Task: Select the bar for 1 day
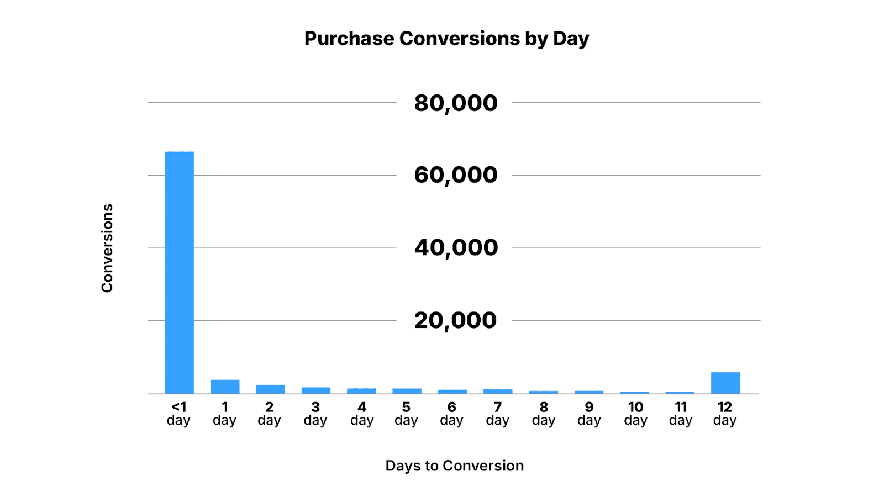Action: [225, 387]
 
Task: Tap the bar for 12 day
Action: [725, 383]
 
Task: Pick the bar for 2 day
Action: [270, 389]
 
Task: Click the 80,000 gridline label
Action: [456, 103]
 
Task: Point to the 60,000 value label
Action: [456, 175]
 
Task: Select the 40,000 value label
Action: [456, 248]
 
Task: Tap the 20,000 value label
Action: [456, 320]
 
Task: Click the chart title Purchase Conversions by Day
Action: [446, 39]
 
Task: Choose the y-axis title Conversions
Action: [107, 248]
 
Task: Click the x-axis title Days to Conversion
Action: [454, 466]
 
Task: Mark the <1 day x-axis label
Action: [178, 414]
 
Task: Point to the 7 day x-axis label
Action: [498, 414]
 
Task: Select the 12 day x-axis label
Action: [725, 414]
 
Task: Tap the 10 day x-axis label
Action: [635, 414]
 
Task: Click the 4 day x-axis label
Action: [362, 414]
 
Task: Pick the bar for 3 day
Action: [316, 390]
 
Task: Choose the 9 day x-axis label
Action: [589, 414]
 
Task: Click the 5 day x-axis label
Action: [406, 414]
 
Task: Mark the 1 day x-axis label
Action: [224, 414]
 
